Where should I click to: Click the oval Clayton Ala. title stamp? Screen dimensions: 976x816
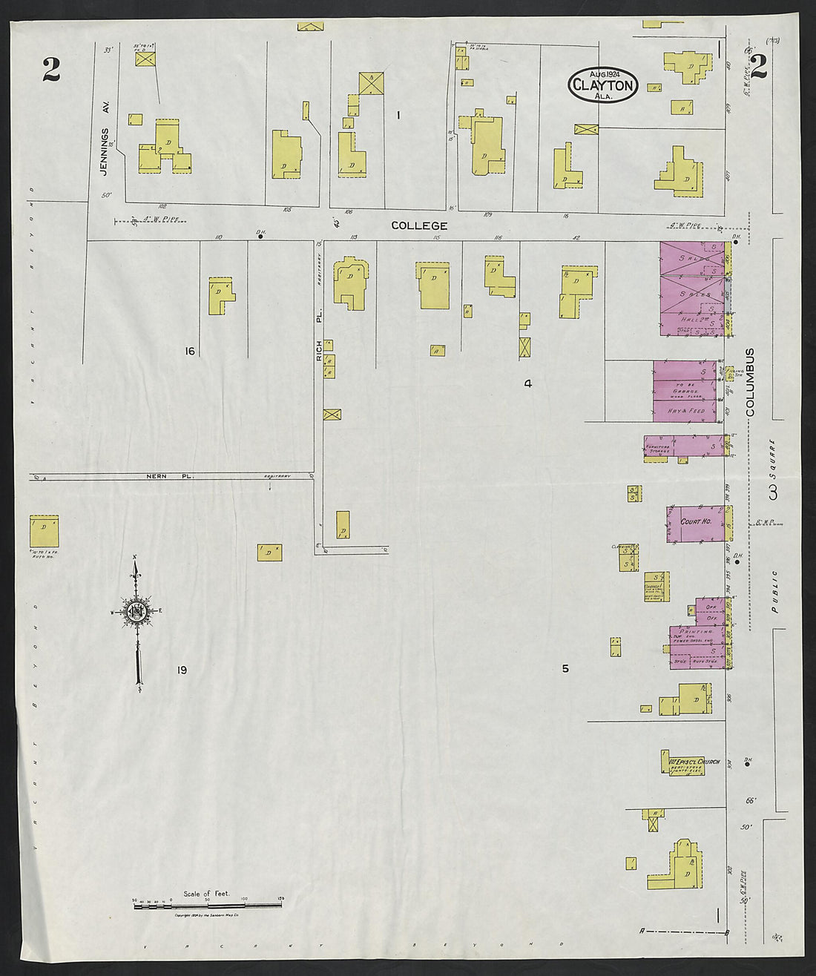pyautogui.click(x=604, y=85)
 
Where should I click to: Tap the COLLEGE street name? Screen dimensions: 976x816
pyautogui.click(x=419, y=225)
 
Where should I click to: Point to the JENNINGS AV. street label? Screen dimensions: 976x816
pyautogui.click(x=105, y=151)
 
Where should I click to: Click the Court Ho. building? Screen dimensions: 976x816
pyautogui.click(x=696, y=522)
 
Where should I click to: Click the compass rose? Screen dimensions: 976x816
pyautogui.click(x=136, y=612)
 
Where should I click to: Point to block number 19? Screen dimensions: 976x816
pyautogui.click(x=182, y=670)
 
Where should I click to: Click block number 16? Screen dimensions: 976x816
pyautogui.click(x=190, y=351)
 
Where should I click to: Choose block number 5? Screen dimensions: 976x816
pyautogui.click(x=565, y=668)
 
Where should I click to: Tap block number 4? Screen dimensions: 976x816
pyautogui.click(x=527, y=383)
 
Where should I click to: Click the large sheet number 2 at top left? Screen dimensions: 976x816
pyautogui.click(x=50, y=69)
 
